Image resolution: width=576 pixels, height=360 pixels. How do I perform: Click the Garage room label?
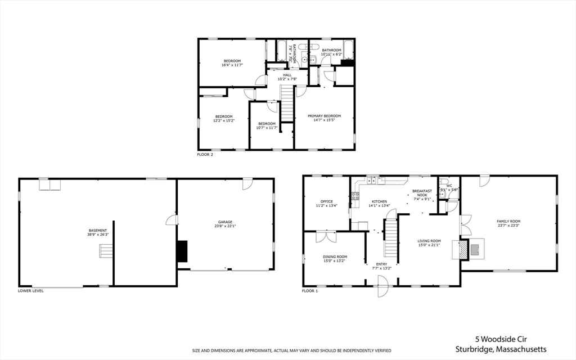(225, 222)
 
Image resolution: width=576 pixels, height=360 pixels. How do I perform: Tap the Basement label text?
(97, 230)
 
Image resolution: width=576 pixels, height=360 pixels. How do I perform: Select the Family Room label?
(508, 221)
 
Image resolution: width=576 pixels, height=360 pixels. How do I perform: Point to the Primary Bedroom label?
(324, 116)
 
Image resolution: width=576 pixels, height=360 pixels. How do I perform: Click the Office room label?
(327, 201)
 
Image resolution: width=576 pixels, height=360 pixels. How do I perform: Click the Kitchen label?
(379, 201)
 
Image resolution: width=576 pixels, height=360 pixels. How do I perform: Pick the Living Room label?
(429, 241)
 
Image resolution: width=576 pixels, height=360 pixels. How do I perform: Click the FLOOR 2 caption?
(205, 154)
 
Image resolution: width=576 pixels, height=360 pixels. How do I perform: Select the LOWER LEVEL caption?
(30, 291)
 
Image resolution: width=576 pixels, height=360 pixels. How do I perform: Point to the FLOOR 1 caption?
(310, 291)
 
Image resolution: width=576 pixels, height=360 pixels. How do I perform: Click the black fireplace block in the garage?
(182, 251)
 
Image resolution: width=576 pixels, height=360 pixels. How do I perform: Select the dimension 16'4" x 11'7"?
(232, 65)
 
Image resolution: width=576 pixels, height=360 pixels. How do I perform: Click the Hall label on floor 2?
(287, 75)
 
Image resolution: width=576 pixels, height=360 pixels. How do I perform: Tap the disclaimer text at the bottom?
(291, 350)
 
